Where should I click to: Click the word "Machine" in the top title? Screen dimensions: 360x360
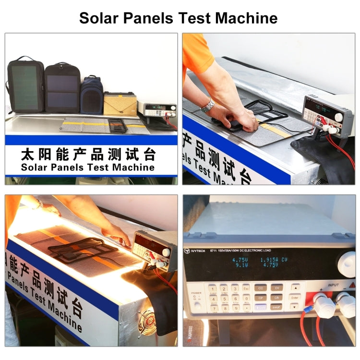[x=246, y=18]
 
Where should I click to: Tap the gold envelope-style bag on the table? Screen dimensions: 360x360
[x=120, y=103]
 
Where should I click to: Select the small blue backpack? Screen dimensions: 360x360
[x=92, y=95]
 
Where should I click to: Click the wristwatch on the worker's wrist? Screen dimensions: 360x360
[x=208, y=105]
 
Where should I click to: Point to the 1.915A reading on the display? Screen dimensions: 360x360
[x=270, y=260]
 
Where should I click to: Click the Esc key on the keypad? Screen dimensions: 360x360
[x=246, y=288]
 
